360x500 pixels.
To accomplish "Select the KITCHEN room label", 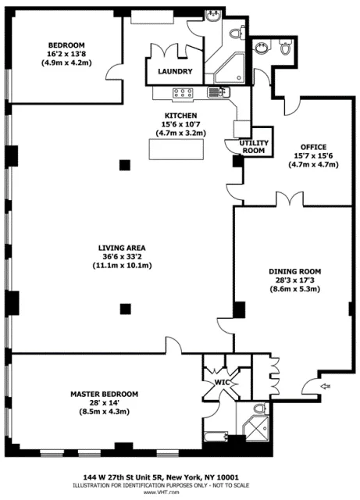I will (180, 114).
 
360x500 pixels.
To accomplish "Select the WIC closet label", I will (212, 383).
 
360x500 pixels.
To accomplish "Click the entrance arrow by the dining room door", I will (325, 384).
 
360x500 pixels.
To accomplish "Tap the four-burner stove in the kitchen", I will (183, 93).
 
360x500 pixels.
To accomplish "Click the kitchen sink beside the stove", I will (215, 93).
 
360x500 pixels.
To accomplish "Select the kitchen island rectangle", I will (171, 148).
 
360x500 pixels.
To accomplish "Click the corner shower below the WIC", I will (255, 429).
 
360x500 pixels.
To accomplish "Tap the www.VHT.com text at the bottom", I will (180, 493).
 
